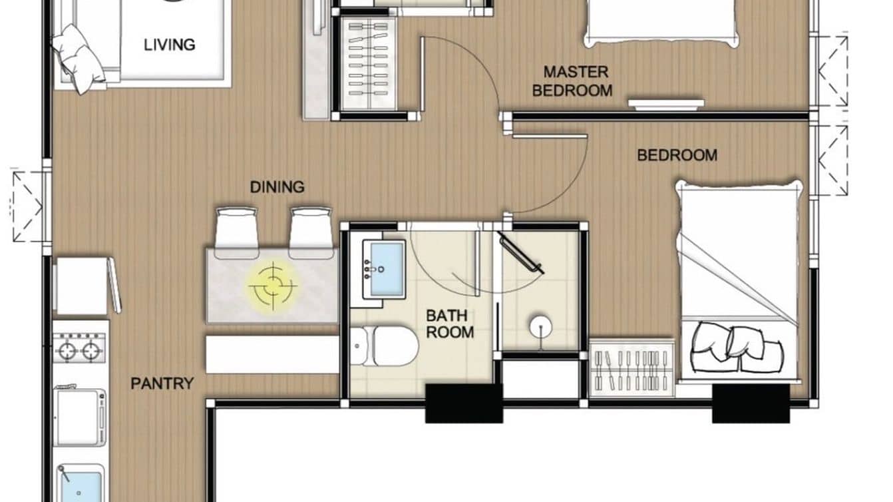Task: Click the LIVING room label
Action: coord(170,45)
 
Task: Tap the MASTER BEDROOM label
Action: coord(573,81)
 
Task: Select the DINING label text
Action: coord(277,187)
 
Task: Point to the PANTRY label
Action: coord(162,383)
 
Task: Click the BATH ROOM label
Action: coord(450,323)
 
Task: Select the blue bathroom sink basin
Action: coord(387,269)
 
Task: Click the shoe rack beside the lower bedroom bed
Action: coord(631,368)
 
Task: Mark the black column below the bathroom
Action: coord(464,403)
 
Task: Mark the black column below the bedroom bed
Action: coord(750,403)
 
